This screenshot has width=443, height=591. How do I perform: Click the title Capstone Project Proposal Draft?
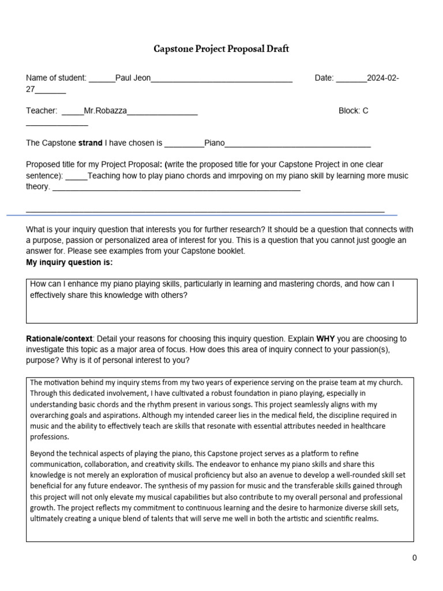[x=221, y=49]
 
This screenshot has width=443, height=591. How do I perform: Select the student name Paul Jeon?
[x=133, y=78]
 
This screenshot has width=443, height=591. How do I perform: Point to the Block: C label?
[x=353, y=111]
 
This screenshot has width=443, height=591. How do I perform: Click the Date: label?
[x=324, y=78]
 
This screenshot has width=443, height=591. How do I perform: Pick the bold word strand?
[x=90, y=143]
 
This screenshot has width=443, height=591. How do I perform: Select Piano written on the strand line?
[x=215, y=143]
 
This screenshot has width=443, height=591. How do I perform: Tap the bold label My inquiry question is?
[x=69, y=263]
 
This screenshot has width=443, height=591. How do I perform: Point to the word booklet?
[x=231, y=251]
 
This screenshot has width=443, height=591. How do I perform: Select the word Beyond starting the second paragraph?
[x=43, y=453]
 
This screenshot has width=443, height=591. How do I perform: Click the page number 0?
[x=414, y=558]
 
